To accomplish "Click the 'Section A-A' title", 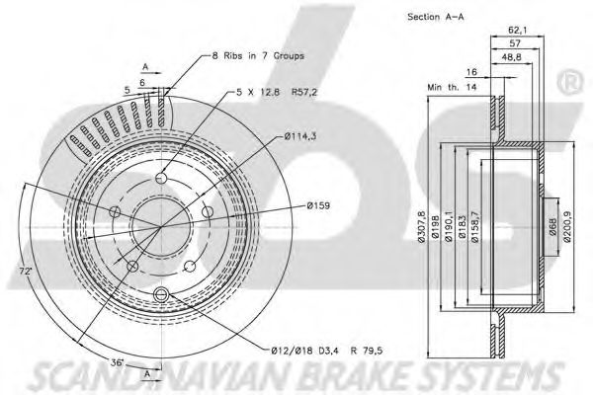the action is point(435,17).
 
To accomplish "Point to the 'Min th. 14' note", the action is point(452,87).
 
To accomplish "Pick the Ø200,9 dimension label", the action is point(566,226).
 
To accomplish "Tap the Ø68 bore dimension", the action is point(552,227).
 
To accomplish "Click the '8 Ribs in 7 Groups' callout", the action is point(258,56).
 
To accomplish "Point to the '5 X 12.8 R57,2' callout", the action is point(277,92).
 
